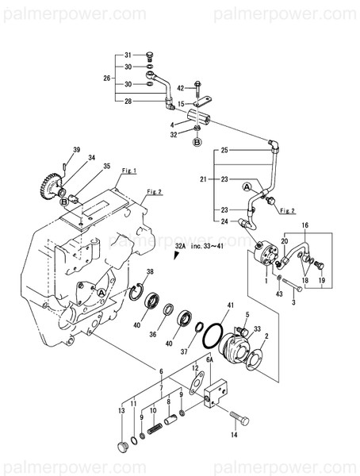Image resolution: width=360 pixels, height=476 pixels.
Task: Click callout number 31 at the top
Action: point(127,55)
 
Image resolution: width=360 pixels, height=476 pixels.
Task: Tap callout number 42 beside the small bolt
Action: point(180,87)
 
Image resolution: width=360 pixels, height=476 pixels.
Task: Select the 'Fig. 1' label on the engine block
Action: point(130,171)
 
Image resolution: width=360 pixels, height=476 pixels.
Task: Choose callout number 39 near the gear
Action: point(78,150)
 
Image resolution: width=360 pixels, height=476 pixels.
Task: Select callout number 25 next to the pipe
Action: point(224,150)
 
